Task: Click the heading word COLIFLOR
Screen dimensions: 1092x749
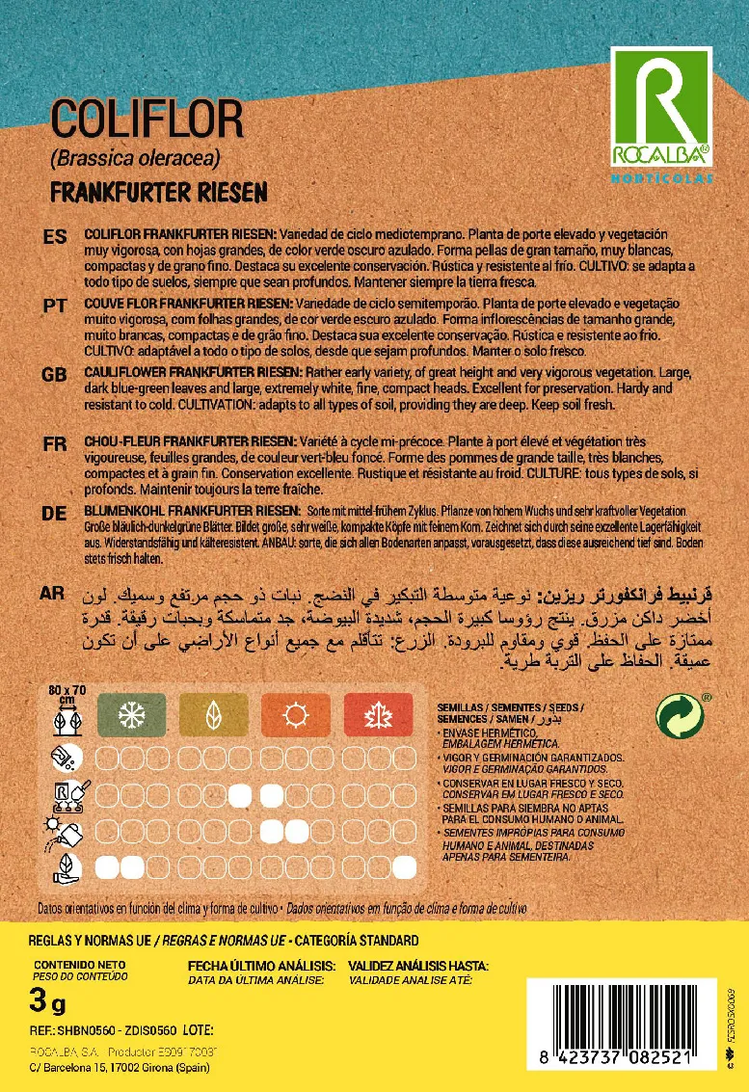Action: [147, 120]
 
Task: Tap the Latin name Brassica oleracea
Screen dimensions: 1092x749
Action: [135, 158]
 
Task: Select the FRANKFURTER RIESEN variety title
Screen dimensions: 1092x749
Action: [158, 191]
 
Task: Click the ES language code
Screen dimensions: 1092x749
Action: [54, 237]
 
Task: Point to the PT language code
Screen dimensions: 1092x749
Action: [54, 305]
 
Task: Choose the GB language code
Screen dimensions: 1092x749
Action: [54, 373]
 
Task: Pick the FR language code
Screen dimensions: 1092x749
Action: [54, 443]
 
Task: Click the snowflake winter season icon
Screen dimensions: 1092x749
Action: [131, 715]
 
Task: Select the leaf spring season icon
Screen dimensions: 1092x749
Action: [214, 715]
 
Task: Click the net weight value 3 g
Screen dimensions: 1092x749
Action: [47, 1004]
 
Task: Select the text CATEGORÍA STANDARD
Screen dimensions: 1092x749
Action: [357, 940]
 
